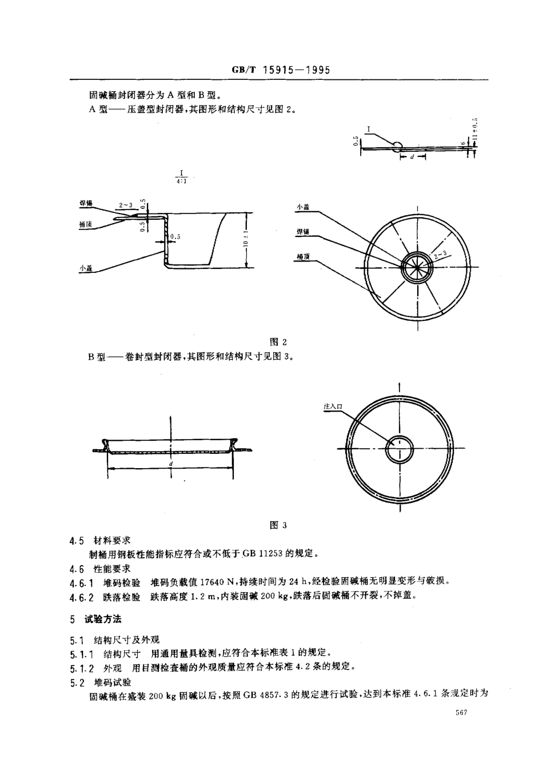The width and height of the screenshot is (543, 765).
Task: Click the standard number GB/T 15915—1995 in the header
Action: (281, 70)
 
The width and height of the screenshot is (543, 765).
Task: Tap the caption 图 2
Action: (278, 342)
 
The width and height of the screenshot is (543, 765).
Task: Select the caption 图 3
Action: (278, 525)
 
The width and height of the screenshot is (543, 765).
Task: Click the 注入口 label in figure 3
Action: (332, 406)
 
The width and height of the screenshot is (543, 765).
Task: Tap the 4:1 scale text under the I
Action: (182, 181)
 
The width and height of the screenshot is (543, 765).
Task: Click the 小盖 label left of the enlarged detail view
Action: (86, 267)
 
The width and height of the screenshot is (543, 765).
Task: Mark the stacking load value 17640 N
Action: (214, 582)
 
